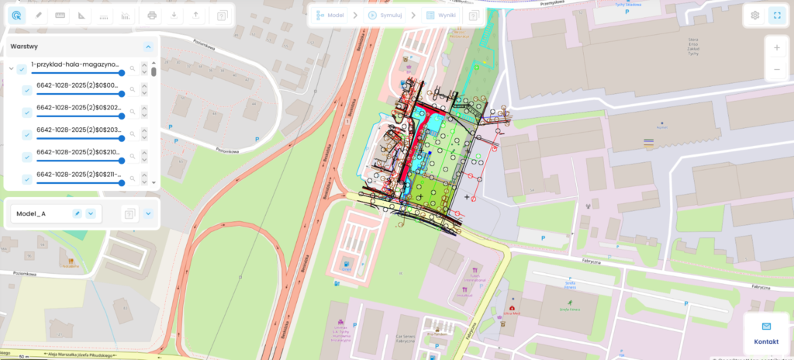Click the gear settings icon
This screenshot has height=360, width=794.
coord(755,15)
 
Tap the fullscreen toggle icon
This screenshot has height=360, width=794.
coord(776,15)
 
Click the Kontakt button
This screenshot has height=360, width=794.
coord(766,334)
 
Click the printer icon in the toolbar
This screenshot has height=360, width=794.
coord(152,15)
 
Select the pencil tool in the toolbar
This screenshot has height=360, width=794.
coord(39,15)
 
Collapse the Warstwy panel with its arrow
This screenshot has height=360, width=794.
coord(148,47)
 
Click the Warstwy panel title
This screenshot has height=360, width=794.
coord(24,47)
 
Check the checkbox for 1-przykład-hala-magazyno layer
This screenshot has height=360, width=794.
coord(22,69)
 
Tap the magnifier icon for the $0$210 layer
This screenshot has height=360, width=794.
coord(133,157)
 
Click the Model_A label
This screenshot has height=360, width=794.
coord(31,213)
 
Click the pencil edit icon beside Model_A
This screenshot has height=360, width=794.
coord(77,213)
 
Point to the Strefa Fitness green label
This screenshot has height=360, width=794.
coord(571,307)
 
